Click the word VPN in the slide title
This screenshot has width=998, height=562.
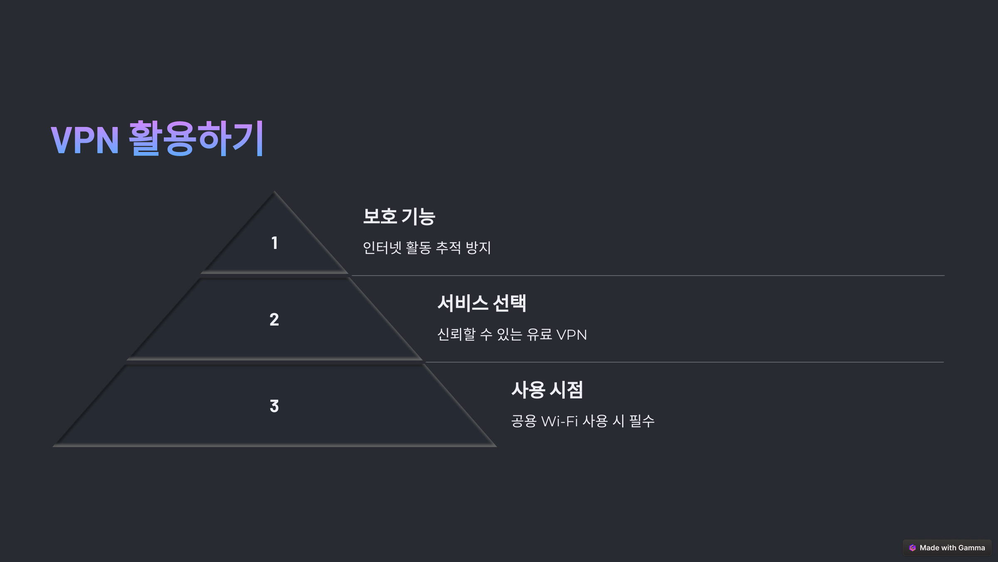pos(85,140)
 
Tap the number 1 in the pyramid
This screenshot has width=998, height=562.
pos(274,243)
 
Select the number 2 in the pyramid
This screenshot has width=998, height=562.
pos(274,320)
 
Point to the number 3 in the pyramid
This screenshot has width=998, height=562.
pos(274,406)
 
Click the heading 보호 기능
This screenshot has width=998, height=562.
pos(399,217)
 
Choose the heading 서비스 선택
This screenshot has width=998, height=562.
pos(482,303)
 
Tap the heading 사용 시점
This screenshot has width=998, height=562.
pos(547,390)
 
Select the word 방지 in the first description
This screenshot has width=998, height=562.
pos(478,248)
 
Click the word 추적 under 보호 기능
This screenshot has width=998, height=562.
pos(448,248)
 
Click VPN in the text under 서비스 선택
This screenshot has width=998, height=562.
pos(571,335)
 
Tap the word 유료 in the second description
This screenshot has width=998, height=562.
pos(539,334)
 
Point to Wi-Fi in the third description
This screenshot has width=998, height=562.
pos(559,421)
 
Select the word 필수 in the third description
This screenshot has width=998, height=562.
pos(642,421)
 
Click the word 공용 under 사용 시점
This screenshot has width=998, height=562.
pos(524,421)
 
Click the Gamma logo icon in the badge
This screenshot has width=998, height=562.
pos(912,548)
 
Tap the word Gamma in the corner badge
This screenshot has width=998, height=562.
pos(971,548)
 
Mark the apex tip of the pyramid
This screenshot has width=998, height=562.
pos(274,192)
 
